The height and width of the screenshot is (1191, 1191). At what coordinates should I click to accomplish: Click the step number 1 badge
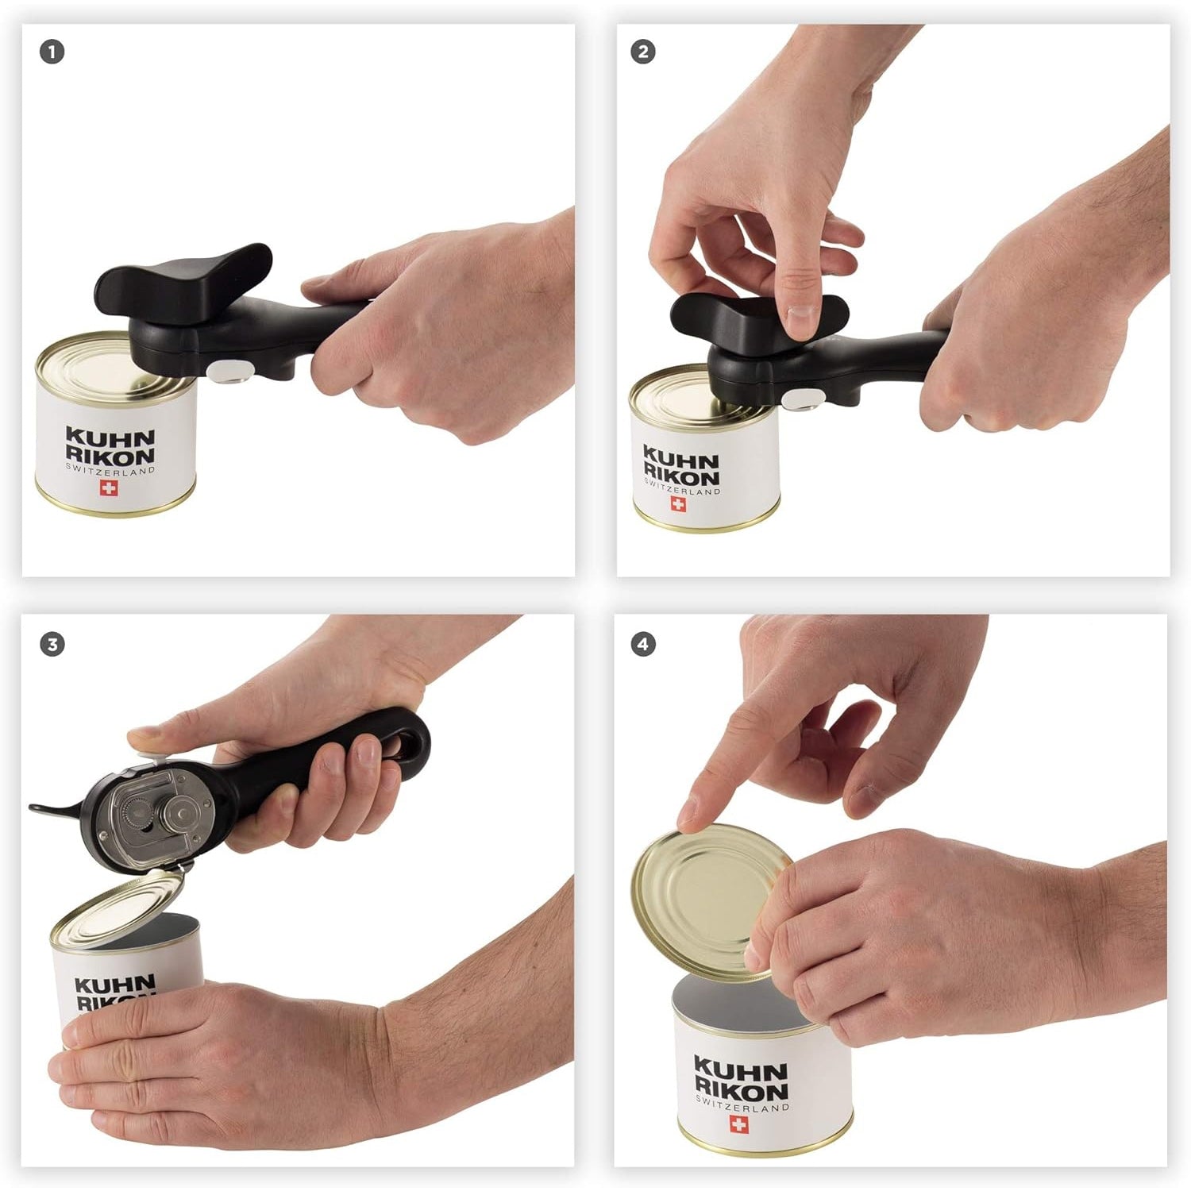tap(52, 52)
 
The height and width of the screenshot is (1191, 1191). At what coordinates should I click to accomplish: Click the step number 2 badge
tap(642, 52)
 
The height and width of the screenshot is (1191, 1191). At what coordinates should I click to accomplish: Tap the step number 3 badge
tap(52, 644)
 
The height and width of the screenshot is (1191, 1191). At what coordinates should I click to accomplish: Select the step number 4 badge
tap(642, 644)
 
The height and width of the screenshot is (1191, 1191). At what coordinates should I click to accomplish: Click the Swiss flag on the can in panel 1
tap(108, 488)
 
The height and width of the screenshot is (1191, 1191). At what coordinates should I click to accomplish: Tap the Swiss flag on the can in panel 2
tap(678, 503)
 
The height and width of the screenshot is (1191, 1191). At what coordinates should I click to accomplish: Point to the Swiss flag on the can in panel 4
tap(738, 1124)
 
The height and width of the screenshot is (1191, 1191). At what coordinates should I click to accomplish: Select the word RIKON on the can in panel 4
tap(741, 1091)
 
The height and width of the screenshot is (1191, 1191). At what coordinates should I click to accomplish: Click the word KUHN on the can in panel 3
tap(114, 985)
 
